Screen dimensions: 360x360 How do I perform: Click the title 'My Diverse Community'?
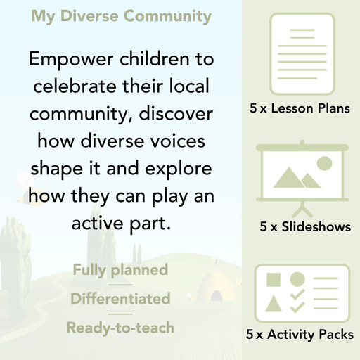121,15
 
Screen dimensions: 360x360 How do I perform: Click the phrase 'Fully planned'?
120,269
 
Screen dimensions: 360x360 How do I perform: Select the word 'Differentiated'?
120,299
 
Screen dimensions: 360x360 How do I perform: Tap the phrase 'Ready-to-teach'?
120,328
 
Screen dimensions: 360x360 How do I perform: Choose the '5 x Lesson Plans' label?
300,109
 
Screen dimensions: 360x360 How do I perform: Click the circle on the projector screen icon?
323,164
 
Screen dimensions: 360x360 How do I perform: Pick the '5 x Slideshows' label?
304,227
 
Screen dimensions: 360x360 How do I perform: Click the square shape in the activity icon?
273,280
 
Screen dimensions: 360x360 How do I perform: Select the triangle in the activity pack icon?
273,304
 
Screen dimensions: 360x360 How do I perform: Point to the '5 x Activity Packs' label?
300,335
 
